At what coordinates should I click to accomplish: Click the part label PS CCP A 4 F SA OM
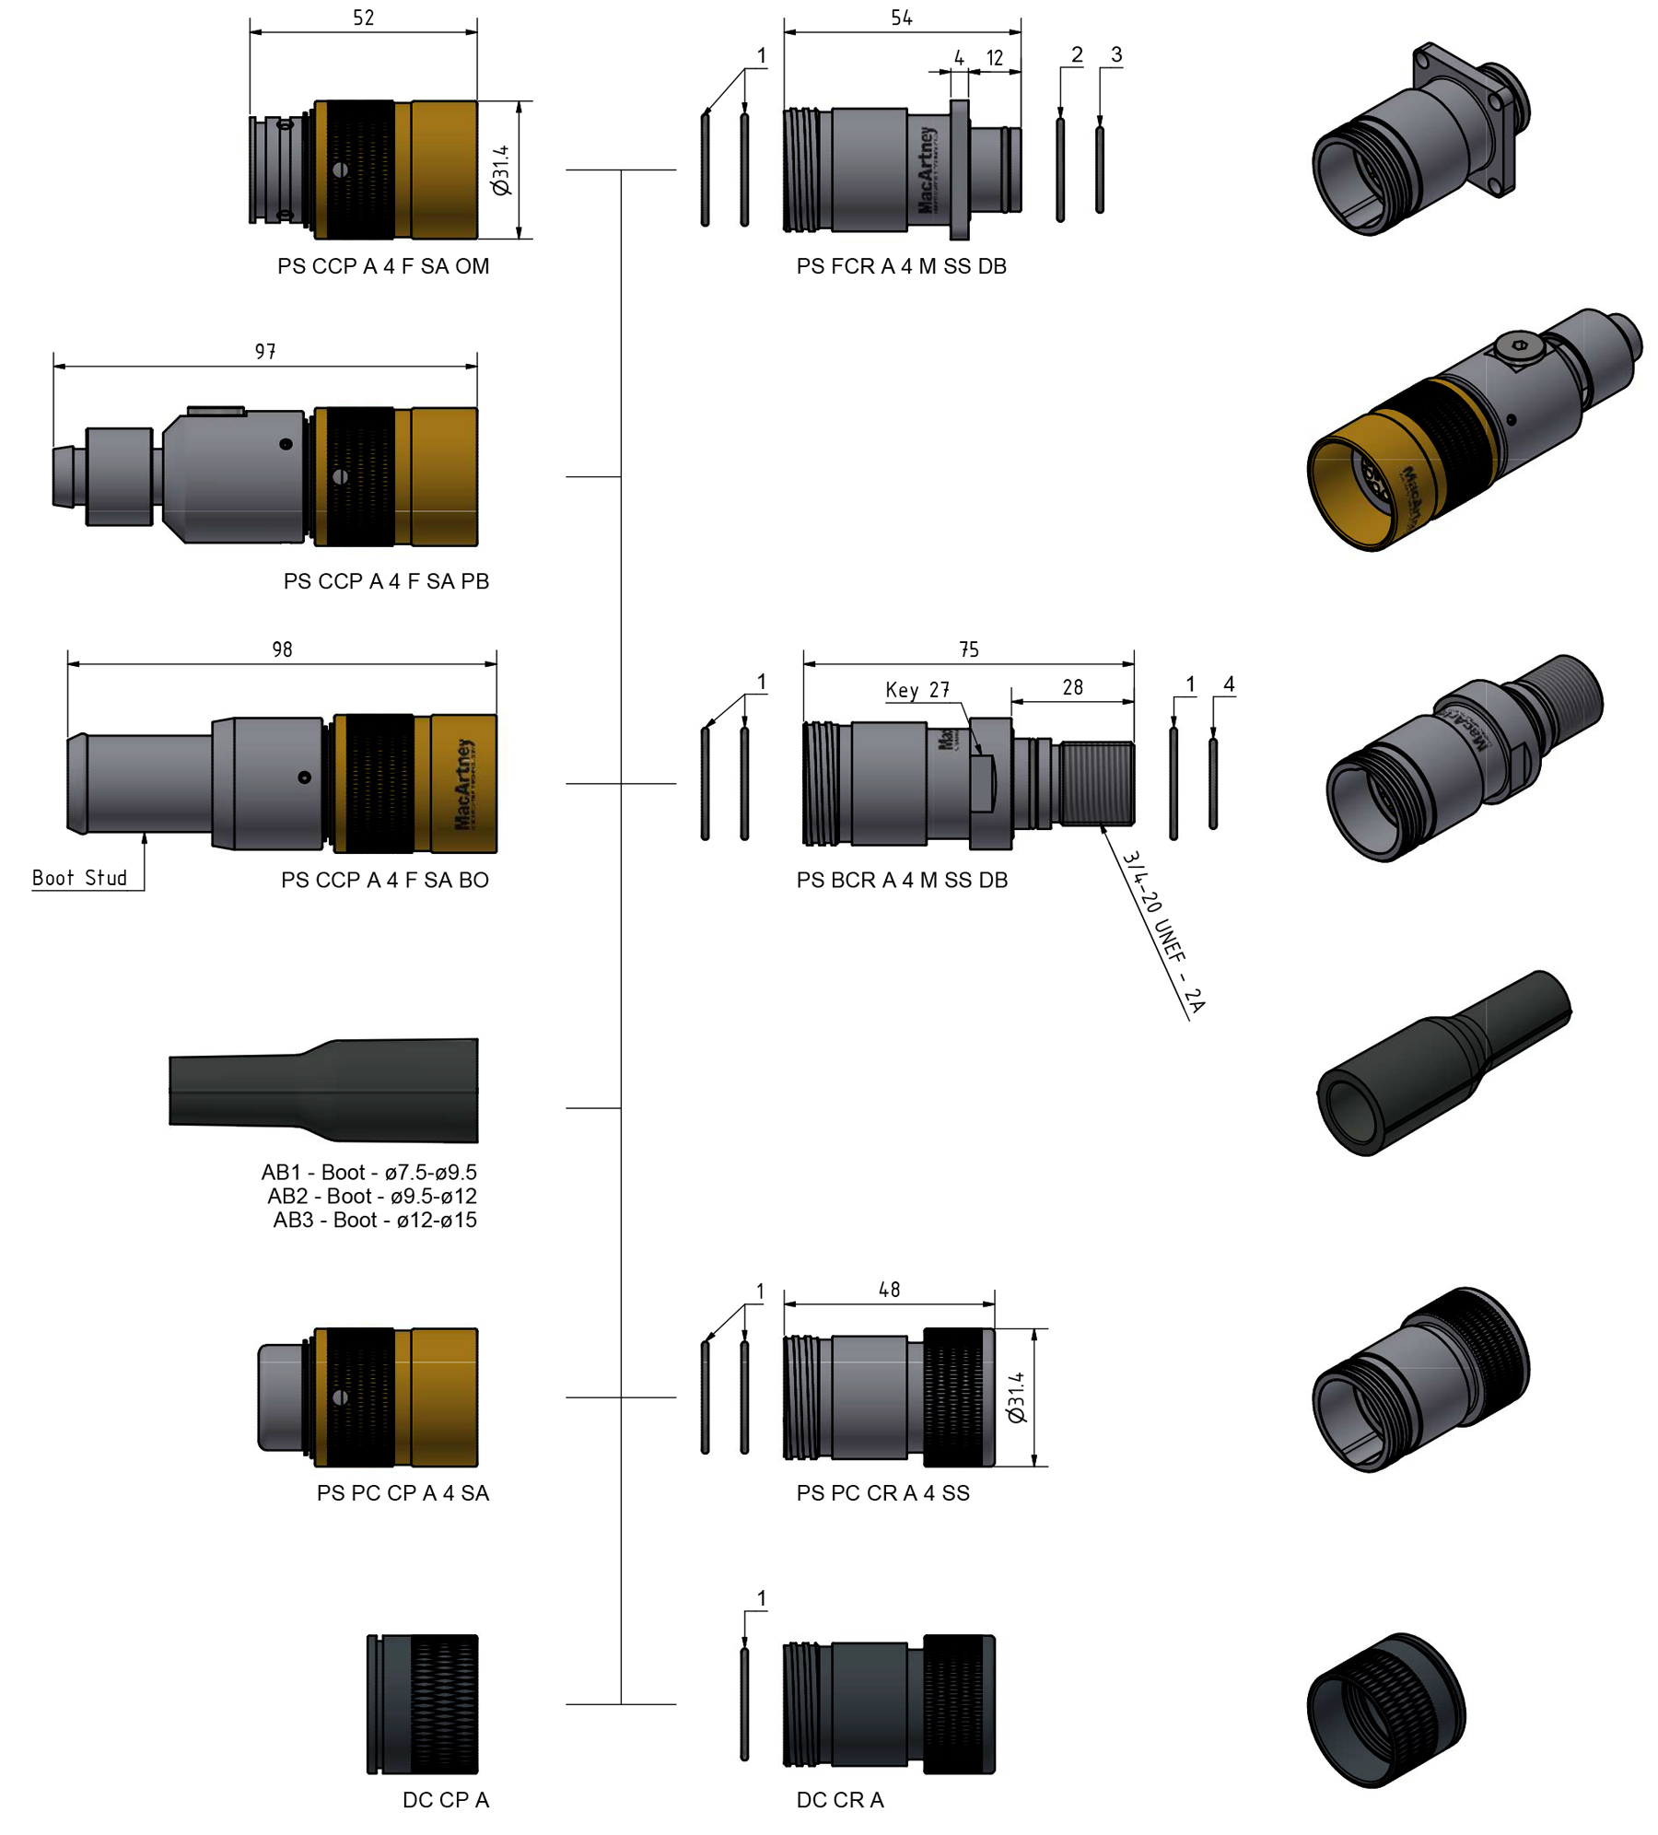pos(382,266)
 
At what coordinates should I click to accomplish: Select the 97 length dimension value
pos(265,351)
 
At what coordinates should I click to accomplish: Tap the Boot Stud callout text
pos(79,877)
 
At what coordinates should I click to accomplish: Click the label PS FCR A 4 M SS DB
pos(900,266)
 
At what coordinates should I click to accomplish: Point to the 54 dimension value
pos(901,18)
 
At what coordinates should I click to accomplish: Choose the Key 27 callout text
pos(917,690)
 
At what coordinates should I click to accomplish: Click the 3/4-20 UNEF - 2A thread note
pos(1163,931)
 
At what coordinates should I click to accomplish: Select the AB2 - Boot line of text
pos(371,1196)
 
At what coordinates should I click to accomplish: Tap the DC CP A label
pos(445,1799)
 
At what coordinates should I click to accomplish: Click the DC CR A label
pos(839,1799)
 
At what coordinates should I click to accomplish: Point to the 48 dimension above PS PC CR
pos(888,1290)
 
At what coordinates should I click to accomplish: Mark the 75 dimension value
pos(968,649)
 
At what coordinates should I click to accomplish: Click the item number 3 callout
pos(1115,54)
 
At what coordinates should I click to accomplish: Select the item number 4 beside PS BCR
pos(1228,684)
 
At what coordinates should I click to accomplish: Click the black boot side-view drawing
pos(323,1090)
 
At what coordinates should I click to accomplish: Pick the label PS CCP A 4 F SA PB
pos(385,581)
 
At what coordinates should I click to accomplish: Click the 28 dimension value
pos(1072,687)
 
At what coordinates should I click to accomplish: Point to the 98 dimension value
pos(282,649)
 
